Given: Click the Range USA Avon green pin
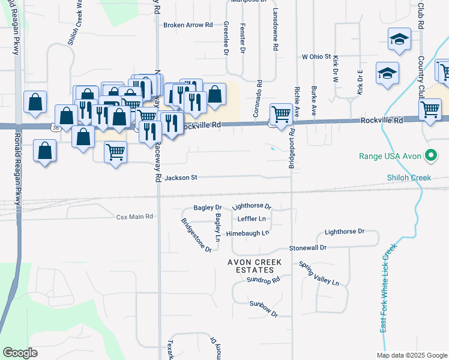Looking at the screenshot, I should (430, 156).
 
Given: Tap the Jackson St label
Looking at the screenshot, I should (181, 178).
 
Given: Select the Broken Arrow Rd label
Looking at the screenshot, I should (188, 25).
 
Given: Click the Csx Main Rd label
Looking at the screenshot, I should (135, 216).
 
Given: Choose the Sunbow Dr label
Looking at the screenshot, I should (265, 313).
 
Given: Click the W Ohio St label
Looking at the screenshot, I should (316, 56).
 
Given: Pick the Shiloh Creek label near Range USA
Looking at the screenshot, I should (413, 178).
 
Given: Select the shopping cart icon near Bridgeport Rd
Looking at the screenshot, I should (281, 113).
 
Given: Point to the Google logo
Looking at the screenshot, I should (20, 353).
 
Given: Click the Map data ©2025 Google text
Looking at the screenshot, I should (411, 355).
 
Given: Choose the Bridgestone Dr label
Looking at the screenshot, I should (196, 235).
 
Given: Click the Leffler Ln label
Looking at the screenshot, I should (252, 219).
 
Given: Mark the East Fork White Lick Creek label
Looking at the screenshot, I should (388, 288).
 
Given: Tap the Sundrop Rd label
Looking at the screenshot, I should (264, 280).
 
